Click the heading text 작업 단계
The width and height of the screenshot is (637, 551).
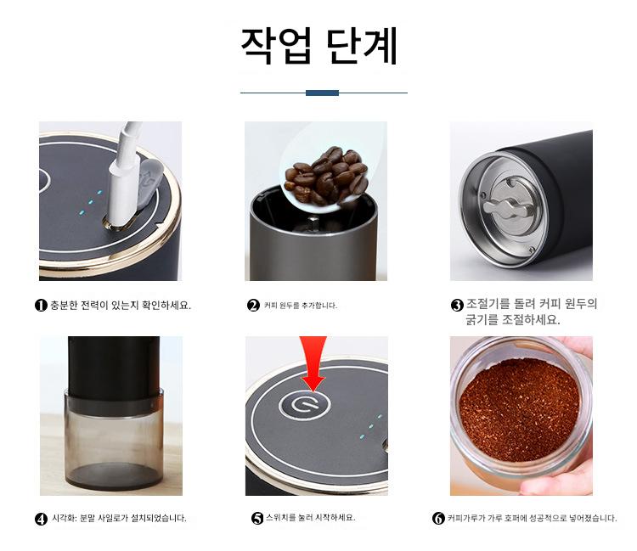click(x=318, y=46)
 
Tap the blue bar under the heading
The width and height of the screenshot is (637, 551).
click(x=322, y=93)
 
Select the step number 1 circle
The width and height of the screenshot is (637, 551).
click(x=41, y=306)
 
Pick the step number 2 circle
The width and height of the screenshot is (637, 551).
click(x=253, y=306)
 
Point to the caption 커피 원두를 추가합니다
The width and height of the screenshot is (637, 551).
click(x=301, y=306)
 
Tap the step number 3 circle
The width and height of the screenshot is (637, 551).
click(x=458, y=306)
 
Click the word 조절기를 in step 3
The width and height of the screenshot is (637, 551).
click(x=488, y=304)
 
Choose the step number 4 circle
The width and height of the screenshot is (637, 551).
click(x=41, y=519)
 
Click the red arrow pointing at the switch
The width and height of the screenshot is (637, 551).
click(x=313, y=363)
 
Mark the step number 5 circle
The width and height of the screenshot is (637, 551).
click(x=257, y=518)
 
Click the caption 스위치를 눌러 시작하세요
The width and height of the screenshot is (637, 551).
click(x=311, y=518)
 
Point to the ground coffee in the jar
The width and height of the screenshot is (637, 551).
click(x=519, y=409)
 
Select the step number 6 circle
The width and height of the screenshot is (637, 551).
click(x=438, y=519)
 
